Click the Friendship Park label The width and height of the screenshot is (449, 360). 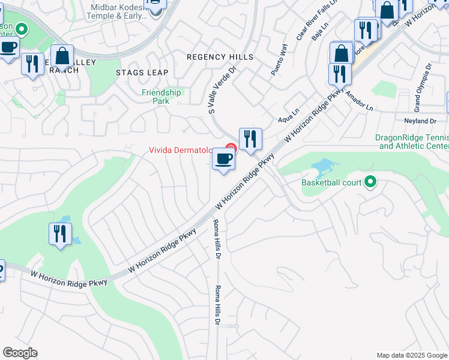161,97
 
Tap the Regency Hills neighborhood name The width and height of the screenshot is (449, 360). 220,57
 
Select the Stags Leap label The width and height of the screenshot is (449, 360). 142,73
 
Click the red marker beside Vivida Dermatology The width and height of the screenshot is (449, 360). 231,148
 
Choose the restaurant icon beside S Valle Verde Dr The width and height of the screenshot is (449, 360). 249,139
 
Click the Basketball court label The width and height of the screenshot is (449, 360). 332,182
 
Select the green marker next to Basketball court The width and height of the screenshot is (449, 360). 371,181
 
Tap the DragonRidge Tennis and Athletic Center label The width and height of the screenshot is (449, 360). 412,142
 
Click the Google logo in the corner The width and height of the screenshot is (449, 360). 20,353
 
